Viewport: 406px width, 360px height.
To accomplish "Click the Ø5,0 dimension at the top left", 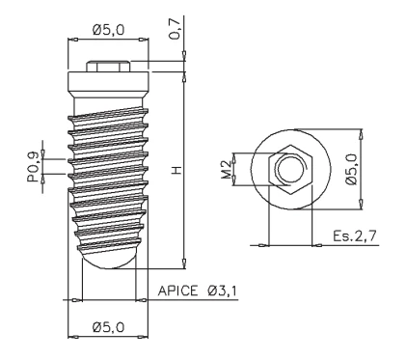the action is click(x=108, y=30).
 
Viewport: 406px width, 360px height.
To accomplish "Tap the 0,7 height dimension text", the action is click(x=176, y=29).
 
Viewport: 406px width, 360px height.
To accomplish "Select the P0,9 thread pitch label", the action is click(x=33, y=167).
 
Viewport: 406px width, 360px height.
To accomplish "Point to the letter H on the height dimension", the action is click(x=176, y=171).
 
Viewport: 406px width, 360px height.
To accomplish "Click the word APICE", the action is click(x=177, y=291).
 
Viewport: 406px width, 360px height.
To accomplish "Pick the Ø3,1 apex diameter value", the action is click(x=222, y=291).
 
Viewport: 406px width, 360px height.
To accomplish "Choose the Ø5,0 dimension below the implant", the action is click(x=108, y=327).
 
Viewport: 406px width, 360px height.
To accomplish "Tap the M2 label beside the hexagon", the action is click(x=227, y=169).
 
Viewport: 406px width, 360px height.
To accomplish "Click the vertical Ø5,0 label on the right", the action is click(x=352, y=169).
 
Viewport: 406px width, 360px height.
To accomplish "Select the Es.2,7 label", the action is click(x=354, y=236).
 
